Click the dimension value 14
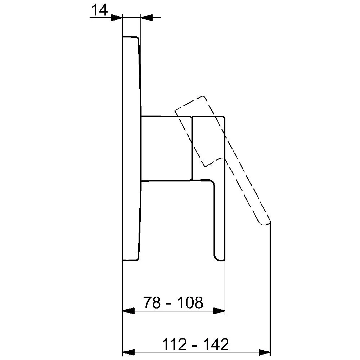[99, 10]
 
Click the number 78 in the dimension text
[152, 302]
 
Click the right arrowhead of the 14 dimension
[146, 17]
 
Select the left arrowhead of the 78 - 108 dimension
[129, 311]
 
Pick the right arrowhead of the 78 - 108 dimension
[219, 311]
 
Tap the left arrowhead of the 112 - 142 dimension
[129, 352]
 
